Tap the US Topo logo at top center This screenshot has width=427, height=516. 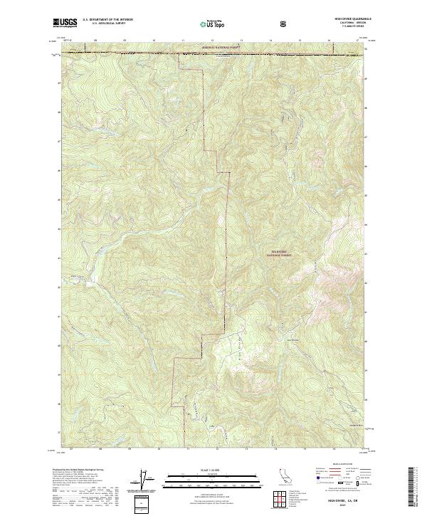pyautogui.click(x=212, y=23)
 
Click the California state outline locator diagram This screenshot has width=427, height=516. pyautogui.click(x=285, y=479)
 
